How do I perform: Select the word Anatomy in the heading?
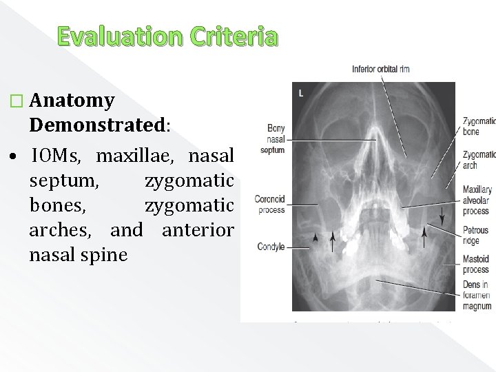[72, 101]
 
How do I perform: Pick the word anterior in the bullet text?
[198, 229]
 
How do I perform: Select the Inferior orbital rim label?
[381, 69]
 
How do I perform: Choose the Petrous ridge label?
[476, 236]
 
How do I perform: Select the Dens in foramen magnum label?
[477, 296]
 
